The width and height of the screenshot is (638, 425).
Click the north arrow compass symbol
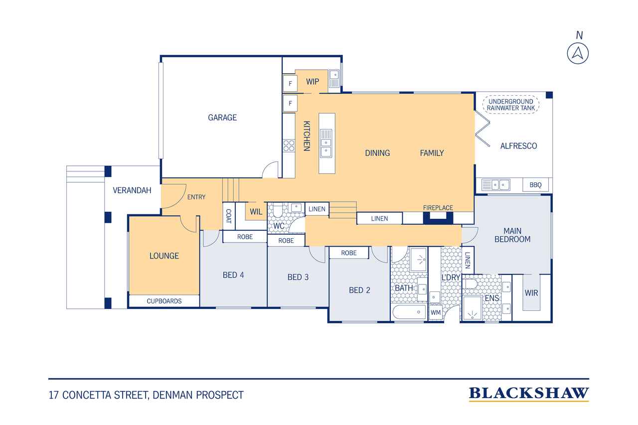pos(578,53)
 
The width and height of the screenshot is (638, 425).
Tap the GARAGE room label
pos(222,117)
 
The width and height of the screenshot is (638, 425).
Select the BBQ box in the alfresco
pos(535,185)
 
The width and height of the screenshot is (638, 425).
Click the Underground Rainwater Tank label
pos(511,105)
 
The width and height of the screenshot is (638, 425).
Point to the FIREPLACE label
pos(438,208)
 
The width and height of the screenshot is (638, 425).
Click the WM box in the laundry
pos(436,312)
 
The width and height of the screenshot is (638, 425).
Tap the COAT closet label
pos(229,216)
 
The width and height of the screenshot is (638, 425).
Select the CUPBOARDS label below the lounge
pos(164,301)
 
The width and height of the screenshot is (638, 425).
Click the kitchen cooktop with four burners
pos(289,145)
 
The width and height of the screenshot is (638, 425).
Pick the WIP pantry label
pos(313,82)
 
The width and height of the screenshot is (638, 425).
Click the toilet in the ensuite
pos(470,284)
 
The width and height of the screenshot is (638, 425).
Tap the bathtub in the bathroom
pos(409,312)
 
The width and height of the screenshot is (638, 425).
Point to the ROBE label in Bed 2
pos(348,253)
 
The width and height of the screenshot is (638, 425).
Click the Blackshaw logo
pos(529,394)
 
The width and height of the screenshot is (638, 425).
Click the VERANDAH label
pos(132,190)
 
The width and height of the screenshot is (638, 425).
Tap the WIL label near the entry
pos(256,212)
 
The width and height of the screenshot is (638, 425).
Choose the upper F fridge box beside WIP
pos(290,83)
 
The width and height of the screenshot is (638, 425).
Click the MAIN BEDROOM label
pos(512,235)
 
